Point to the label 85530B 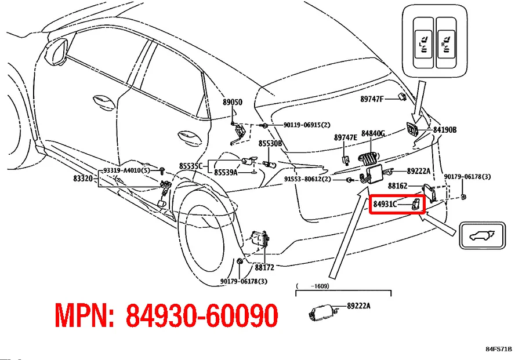click(x=270, y=143)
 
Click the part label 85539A click(x=226, y=172)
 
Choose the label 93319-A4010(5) click(x=126, y=170)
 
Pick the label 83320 click(x=83, y=179)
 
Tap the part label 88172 click(x=264, y=267)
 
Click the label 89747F click(x=372, y=99)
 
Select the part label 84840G click(x=373, y=133)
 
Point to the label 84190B click(x=444, y=130)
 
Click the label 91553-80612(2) click(x=307, y=179)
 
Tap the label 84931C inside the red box click(x=385, y=204)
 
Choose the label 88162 click(x=397, y=186)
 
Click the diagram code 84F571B click(x=499, y=349)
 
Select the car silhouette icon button click(x=481, y=236)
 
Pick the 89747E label click(x=345, y=137)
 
